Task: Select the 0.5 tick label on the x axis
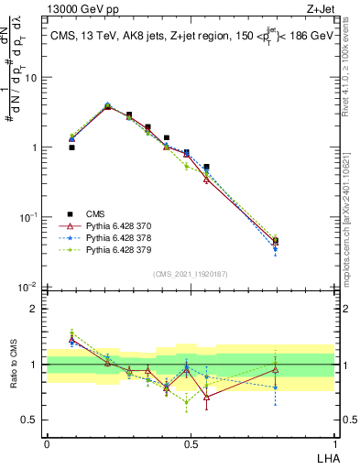point(191,443)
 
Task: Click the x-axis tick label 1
point(334,443)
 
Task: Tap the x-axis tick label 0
point(47,443)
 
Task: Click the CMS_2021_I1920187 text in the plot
point(191,273)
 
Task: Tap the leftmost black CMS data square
point(71,147)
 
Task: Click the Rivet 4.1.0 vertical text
point(352,64)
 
